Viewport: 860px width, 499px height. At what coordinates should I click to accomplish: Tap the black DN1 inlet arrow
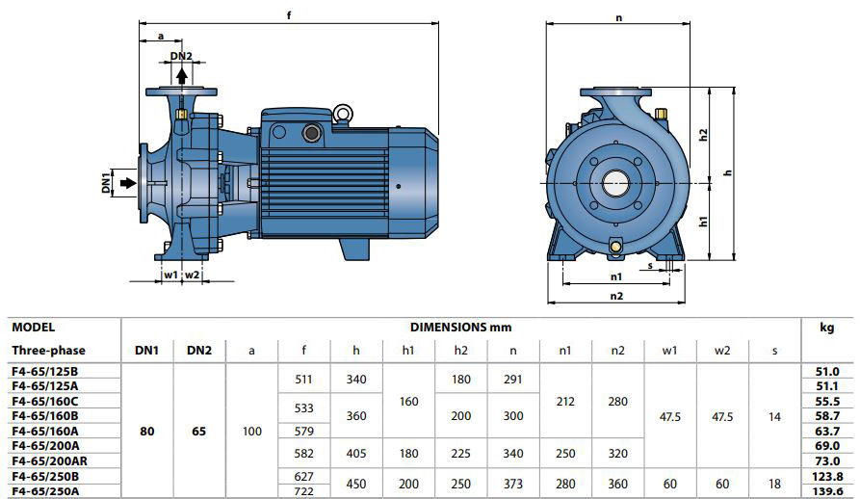click(x=128, y=183)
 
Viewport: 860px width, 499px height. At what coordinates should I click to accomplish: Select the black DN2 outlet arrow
click(x=182, y=76)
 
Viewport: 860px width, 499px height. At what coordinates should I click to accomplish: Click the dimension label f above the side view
click(x=289, y=16)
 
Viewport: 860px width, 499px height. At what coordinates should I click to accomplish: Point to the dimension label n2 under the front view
click(x=616, y=296)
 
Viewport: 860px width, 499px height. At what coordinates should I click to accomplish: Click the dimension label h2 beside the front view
click(x=704, y=135)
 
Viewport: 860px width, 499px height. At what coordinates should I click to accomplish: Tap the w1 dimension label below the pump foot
click(x=171, y=275)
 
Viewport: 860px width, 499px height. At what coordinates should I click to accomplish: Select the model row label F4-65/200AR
click(x=49, y=460)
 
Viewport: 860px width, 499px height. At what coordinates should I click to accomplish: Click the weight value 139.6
click(x=827, y=491)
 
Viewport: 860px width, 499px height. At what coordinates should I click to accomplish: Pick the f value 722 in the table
click(x=304, y=490)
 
